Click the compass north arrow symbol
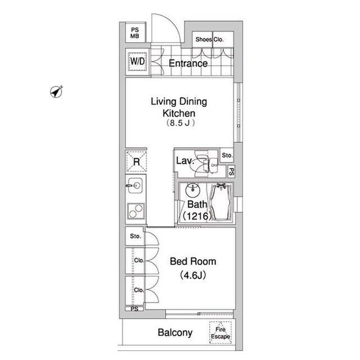point(56,91)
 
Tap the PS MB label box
point(135,33)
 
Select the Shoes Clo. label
point(209,39)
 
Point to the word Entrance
point(188,64)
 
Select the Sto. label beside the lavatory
point(227,155)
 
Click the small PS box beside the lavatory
point(231,172)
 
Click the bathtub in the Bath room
point(220,202)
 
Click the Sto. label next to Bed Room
point(135,236)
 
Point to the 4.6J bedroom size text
point(193,276)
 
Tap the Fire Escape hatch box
point(221,332)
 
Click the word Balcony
point(175,332)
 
